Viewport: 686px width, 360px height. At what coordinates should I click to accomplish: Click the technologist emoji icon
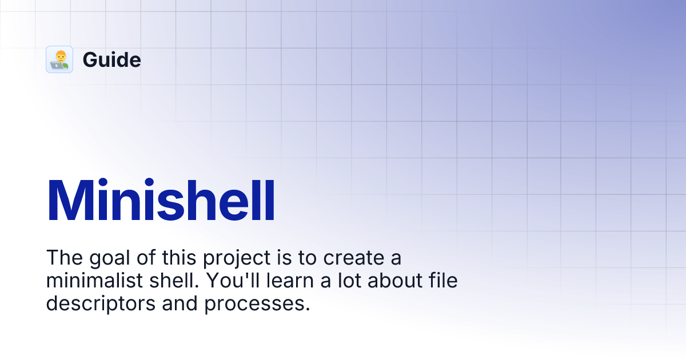tap(59, 59)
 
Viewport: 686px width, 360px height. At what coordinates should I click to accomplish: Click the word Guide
tap(111, 59)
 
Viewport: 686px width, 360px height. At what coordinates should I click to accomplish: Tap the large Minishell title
tap(161, 201)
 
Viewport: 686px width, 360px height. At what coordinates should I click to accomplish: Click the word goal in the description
tap(107, 259)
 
